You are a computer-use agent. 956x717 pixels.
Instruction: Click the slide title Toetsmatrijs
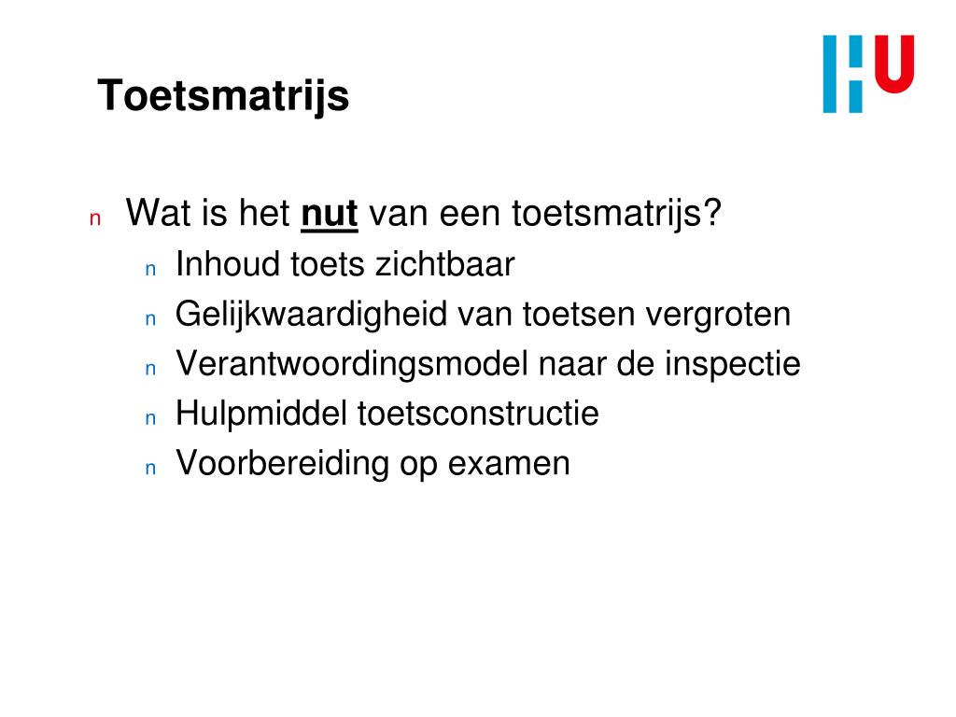tap(223, 95)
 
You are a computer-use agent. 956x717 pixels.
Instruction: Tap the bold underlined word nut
tap(330, 214)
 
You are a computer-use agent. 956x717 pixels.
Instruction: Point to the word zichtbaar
tap(444, 265)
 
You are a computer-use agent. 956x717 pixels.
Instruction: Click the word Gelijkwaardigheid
tap(311, 315)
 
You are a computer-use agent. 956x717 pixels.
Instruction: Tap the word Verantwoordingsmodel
tap(351, 364)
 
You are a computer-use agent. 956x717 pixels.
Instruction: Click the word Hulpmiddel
tap(261, 414)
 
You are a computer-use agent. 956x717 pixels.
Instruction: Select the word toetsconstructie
tap(478, 414)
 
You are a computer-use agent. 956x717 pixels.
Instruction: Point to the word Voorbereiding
tap(283, 463)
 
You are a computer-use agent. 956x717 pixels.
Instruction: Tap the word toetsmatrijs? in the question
tap(617, 214)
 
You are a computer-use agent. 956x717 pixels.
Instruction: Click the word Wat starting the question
tap(157, 214)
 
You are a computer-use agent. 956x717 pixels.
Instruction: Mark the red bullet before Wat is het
tap(93, 219)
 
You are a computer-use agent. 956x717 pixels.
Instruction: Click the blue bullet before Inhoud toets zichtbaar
tap(148, 270)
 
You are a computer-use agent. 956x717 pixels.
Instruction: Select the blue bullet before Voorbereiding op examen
tap(148, 468)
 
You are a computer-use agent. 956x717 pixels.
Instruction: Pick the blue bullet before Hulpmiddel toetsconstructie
tap(148, 418)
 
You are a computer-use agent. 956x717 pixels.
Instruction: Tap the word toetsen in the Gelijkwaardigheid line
tap(579, 315)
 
